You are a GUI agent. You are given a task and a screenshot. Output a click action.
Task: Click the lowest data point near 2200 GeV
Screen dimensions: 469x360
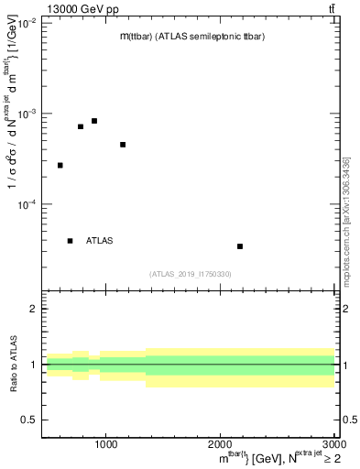[x=240, y=246]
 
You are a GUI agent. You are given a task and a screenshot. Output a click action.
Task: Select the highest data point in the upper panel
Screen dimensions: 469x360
[x=94, y=121]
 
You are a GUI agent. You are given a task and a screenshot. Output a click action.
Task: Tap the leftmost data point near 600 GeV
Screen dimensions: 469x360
[x=60, y=165]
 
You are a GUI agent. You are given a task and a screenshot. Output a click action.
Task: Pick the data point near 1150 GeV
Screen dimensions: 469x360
[x=123, y=145]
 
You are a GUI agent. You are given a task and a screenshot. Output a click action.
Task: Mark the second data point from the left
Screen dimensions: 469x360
[x=81, y=126]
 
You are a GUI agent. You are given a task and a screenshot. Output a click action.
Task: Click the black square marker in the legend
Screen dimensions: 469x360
[x=70, y=241]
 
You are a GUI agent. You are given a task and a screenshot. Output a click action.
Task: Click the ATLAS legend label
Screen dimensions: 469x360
[x=100, y=241]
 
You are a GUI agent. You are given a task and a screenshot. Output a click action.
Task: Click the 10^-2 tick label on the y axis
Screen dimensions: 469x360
[x=27, y=23]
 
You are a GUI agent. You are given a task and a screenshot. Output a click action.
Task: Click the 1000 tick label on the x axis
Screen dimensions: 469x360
[x=106, y=444]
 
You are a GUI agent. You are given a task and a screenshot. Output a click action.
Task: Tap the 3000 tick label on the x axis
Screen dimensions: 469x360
[x=333, y=444]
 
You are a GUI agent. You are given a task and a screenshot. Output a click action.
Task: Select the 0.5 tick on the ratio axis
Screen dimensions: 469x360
[x=30, y=420]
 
